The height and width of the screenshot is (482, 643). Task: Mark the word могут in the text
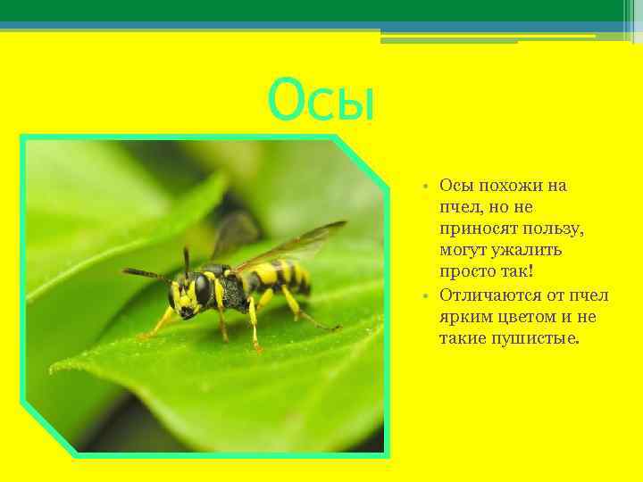point(463,251)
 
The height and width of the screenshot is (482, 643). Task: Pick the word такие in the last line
point(462,338)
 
